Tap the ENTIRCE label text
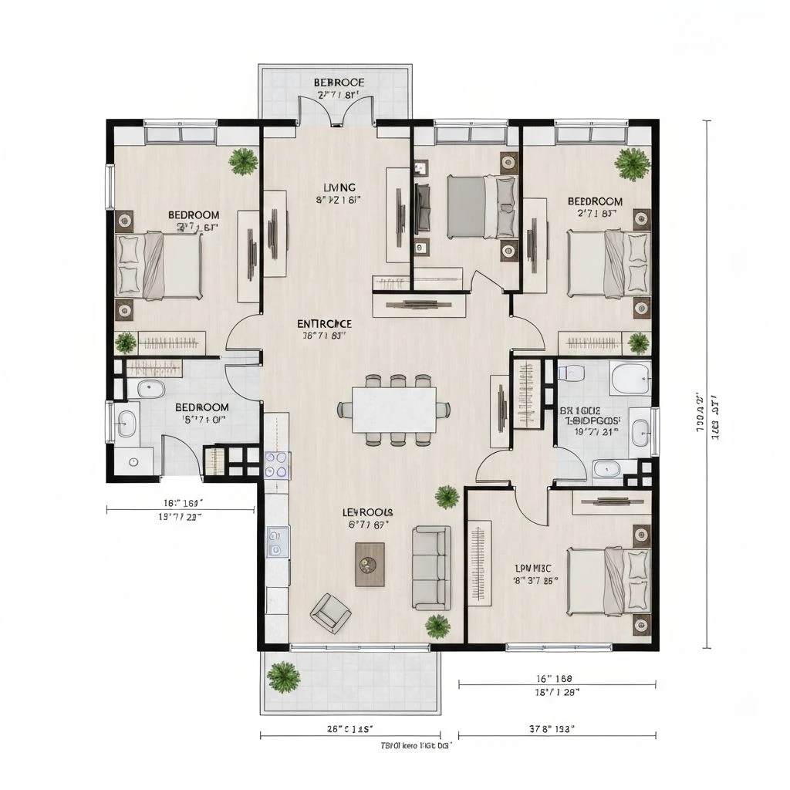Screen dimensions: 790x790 pos(325,323)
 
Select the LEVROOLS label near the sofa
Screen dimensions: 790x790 pos(367,512)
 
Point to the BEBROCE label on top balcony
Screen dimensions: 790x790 pos(339,83)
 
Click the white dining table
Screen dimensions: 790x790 pos(393,409)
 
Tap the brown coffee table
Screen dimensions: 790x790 pos(370,564)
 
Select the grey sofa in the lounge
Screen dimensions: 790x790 pos(431,568)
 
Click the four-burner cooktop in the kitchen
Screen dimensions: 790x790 pos(277,464)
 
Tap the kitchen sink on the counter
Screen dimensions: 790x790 pos(277,541)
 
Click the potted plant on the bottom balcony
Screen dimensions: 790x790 pos(283,677)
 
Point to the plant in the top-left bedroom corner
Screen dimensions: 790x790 pos(244,161)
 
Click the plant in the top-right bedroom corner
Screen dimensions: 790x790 pos(633,164)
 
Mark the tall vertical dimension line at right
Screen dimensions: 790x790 pos(707,386)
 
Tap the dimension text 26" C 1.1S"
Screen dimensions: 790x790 pos(350,728)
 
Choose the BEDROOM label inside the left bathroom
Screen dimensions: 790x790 pos(201,407)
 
